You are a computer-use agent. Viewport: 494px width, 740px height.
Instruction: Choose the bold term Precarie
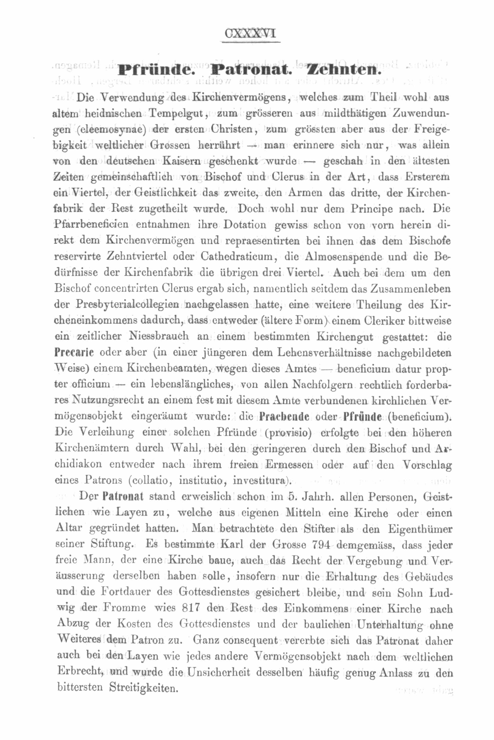point(74,352)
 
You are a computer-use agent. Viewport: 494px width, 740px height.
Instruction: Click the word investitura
point(261,480)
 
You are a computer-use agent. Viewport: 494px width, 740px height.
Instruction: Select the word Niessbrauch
point(159,336)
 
